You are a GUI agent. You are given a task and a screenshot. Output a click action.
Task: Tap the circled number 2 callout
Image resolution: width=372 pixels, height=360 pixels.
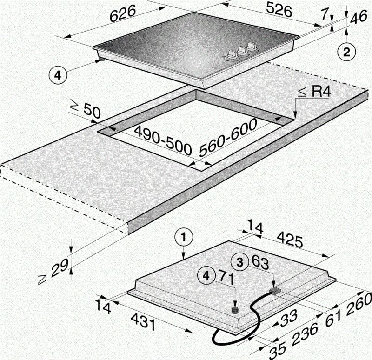(346, 52)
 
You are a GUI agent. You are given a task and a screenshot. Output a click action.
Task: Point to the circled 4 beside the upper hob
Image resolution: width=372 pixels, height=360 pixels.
(58, 76)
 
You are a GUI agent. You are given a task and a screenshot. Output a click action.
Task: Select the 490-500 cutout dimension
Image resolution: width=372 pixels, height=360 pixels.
(163, 140)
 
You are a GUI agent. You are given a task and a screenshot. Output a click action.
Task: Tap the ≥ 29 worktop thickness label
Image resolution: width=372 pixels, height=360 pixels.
(53, 271)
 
